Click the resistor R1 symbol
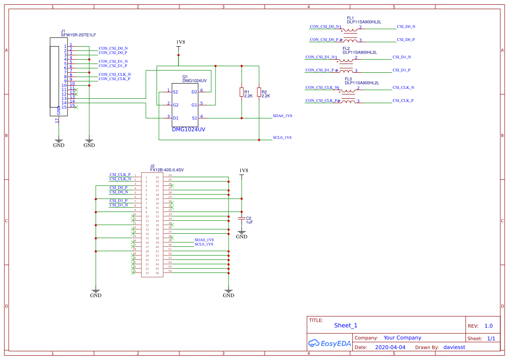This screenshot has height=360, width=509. pyautogui.click(x=241, y=92)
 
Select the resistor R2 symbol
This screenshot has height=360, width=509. pyautogui.click(x=259, y=92)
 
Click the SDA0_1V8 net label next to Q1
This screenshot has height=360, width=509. pyautogui.click(x=282, y=116)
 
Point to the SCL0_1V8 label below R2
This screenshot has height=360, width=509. pyautogui.click(x=282, y=138)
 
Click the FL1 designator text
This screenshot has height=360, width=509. pyautogui.click(x=350, y=18)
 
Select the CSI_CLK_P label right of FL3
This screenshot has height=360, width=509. pyautogui.click(x=403, y=101)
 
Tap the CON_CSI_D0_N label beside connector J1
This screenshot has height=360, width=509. pyautogui.click(x=113, y=48)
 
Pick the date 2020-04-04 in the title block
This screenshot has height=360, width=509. pyautogui.click(x=390, y=347)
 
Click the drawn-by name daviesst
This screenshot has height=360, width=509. pyautogui.click(x=454, y=347)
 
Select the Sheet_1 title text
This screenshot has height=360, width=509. pyautogui.click(x=345, y=325)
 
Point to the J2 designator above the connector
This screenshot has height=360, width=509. pyautogui.click(x=152, y=166)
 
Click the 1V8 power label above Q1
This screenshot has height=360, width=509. pyautogui.click(x=180, y=42)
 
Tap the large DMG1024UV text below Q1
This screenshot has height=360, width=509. pyautogui.click(x=188, y=129)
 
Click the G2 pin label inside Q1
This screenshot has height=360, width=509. pyautogui.click(x=175, y=105)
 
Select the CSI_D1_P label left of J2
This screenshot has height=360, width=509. pyautogui.click(x=118, y=201)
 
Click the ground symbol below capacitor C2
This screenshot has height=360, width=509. pyautogui.click(x=241, y=235)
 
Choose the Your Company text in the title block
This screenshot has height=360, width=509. pyautogui.click(x=402, y=338)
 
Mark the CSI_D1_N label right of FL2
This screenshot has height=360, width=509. pyautogui.click(x=401, y=57)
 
